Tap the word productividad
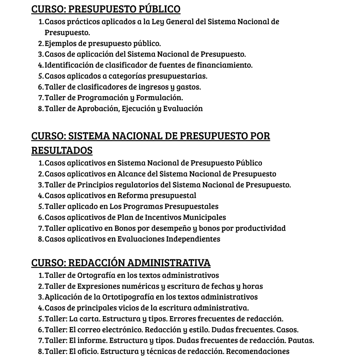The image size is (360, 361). tap(261, 228)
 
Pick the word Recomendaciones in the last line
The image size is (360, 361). tap(258, 351)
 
